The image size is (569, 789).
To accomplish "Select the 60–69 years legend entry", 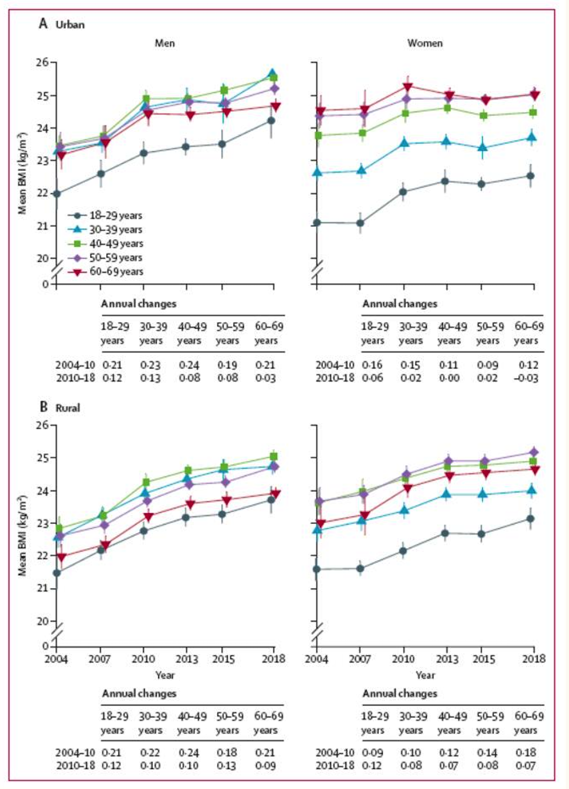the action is (106, 272).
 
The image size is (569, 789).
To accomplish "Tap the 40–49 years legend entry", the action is (106, 244).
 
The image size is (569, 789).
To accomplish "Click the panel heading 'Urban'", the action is (70, 25).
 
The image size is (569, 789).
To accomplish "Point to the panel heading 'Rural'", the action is (68, 408).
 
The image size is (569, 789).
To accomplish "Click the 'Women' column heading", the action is (425, 43).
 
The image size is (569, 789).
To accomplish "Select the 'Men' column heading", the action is (165, 43).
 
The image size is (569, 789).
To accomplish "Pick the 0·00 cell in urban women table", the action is (449, 378).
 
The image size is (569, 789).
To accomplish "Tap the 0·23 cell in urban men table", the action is (150, 365).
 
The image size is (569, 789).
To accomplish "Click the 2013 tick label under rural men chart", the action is (187, 659).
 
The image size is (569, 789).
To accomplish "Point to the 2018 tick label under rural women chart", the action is (534, 659).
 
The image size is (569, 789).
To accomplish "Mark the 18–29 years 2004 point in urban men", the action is (57, 194).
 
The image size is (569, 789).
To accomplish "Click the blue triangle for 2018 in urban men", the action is (273, 73).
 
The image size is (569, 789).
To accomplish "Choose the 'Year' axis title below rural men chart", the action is (165, 675).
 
